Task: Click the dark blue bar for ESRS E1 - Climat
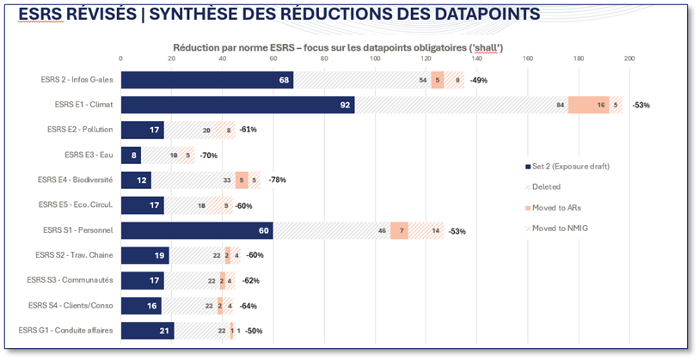click(x=237, y=105)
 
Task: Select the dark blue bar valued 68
click(x=206, y=80)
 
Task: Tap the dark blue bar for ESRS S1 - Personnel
click(x=196, y=230)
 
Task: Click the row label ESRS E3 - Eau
click(x=89, y=155)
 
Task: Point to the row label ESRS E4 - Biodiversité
click(x=77, y=180)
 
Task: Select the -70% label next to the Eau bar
click(x=208, y=156)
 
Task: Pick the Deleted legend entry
click(x=546, y=186)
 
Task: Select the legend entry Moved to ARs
click(x=555, y=206)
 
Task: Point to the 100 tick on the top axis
click(x=375, y=58)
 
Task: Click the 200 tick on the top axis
click(x=629, y=58)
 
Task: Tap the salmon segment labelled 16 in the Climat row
click(x=589, y=105)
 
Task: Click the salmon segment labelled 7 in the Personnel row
click(x=399, y=230)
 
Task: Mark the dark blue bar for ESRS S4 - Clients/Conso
click(x=141, y=305)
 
